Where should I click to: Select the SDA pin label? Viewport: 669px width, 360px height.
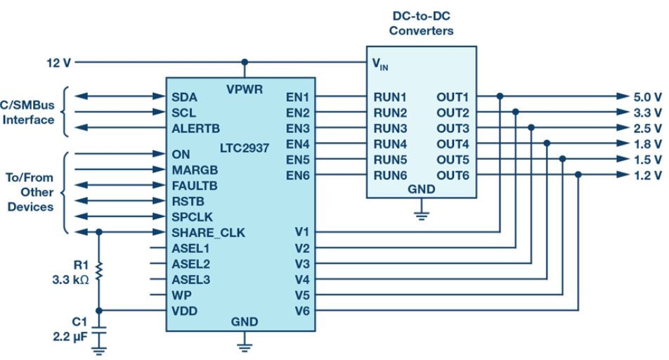click(x=184, y=96)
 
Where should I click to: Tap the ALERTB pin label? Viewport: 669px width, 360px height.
click(x=195, y=128)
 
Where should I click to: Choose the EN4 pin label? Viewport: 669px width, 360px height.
click(x=298, y=144)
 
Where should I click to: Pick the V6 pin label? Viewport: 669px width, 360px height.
click(x=301, y=310)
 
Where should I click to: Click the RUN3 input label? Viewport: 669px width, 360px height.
click(x=390, y=128)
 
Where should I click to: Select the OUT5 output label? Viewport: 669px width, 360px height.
click(x=453, y=159)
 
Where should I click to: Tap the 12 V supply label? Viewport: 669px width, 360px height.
click(x=58, y=63)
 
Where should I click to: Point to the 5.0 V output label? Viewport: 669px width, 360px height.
click(x=647, y=96)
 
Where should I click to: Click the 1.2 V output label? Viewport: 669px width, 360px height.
click(x=647, y=175)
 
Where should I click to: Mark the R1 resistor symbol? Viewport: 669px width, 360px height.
click(x=99, y=271)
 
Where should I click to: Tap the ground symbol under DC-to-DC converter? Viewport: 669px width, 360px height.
click(x=422, y=213)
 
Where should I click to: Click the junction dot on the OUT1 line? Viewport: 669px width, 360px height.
click(x=500, y=96)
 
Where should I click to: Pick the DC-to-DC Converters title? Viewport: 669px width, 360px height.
click(x=422, y=24)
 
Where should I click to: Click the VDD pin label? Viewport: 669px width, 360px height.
click(x=184, y=310)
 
